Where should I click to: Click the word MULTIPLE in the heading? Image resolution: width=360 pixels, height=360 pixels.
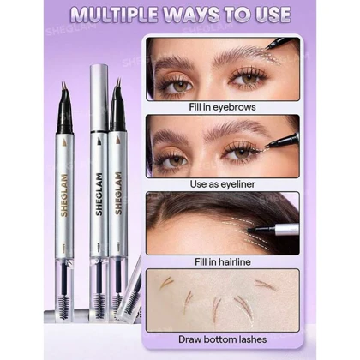pos(113,15)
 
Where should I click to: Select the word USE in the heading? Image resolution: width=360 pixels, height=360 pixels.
pos(271,15)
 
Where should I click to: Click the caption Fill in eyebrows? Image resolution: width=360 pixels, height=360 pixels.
pos(222,107)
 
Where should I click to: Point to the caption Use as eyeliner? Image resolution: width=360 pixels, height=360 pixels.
pos(223,184)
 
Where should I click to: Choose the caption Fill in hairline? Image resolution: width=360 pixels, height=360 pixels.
pos(223,261)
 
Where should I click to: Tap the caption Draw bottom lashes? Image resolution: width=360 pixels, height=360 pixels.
pos(223,339)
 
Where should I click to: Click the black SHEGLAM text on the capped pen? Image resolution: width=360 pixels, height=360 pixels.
pos(99,195)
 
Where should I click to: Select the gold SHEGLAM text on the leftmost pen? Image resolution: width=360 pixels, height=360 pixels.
pos(64,195)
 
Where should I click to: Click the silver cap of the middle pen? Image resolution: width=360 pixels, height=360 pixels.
pos(99,98)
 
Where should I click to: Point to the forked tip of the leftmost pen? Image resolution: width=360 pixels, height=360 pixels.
pos(63,87)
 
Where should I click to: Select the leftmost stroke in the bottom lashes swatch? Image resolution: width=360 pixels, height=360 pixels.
pos(166,283)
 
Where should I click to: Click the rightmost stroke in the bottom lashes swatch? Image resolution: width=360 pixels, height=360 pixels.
pos(266,285)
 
